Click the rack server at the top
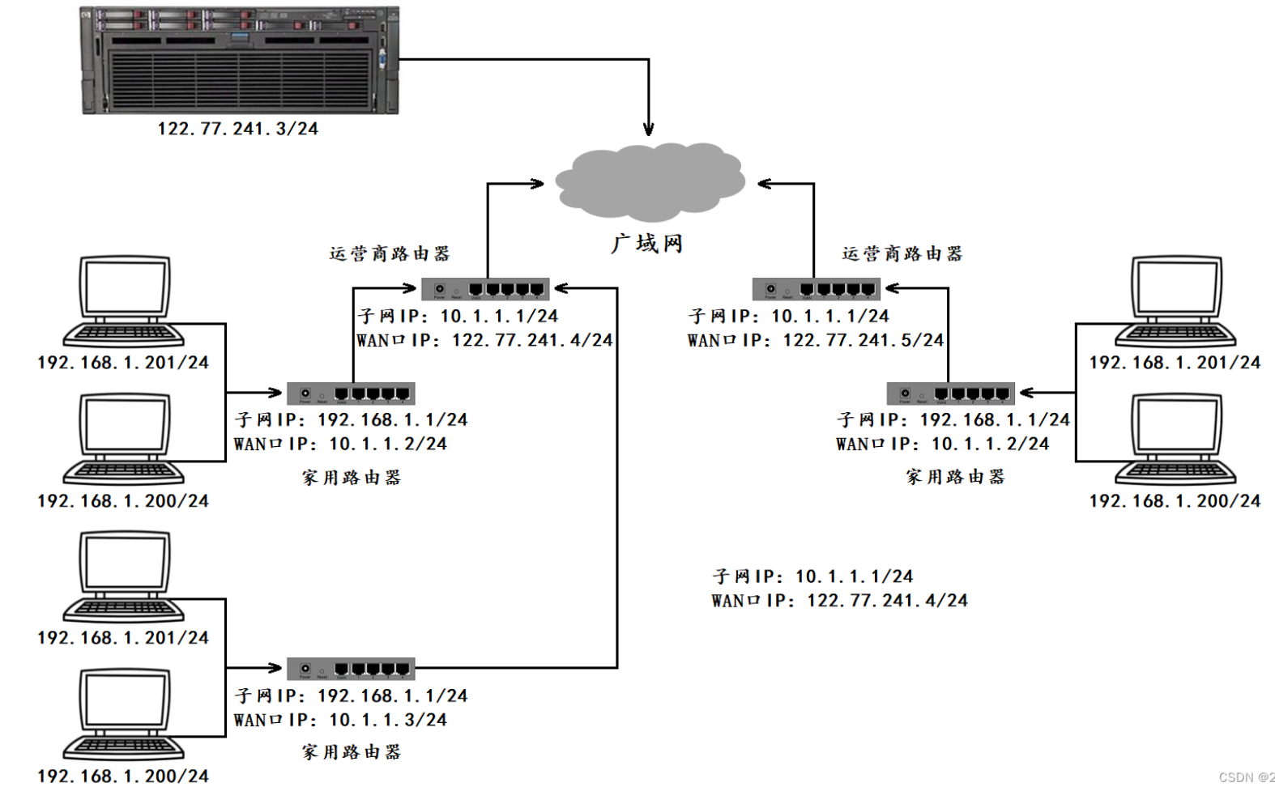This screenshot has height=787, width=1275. [x=240, y=60]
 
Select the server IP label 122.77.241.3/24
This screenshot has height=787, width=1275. [x=237, y=129]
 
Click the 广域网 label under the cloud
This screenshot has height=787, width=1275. [x=646, y=243]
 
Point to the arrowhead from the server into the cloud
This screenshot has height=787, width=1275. [x=649, y=130]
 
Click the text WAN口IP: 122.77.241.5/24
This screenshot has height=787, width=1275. [x=816, y=340]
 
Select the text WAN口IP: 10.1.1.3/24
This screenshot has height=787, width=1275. [x=340, y=719]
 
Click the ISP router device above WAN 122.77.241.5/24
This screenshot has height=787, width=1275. [x=816, y=288]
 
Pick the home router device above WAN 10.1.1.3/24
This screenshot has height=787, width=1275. [x=351, y=669]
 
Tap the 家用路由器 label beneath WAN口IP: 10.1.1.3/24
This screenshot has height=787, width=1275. [x=352, y=751]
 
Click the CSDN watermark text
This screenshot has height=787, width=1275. [x=1246, y=777]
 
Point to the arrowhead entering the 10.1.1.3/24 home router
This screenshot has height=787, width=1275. [x=275, y=668]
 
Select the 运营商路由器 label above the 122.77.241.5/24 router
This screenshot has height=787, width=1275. [x=902, y=253]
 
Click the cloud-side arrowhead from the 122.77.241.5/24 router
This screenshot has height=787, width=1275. [x=763, y=184]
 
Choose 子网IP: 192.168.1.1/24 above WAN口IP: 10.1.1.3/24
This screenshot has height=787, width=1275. [x=351, y=696]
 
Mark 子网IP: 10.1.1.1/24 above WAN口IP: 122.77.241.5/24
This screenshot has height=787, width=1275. [x=788, y=316]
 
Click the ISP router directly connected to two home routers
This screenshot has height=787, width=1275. [x=485, y=288]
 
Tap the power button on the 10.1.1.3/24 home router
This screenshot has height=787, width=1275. [x=305, y=668]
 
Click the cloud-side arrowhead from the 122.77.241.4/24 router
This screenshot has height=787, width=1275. [x=538, y=184]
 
